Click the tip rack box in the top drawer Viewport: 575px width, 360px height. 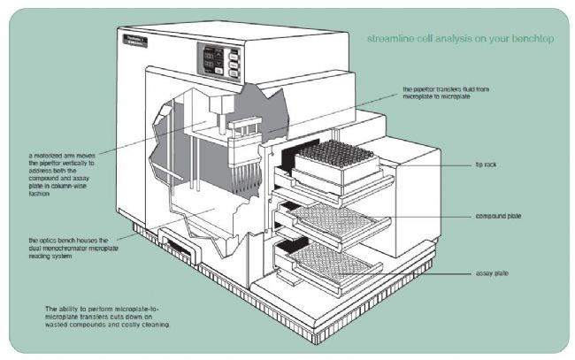332,164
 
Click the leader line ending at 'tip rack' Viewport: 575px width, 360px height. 433,165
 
